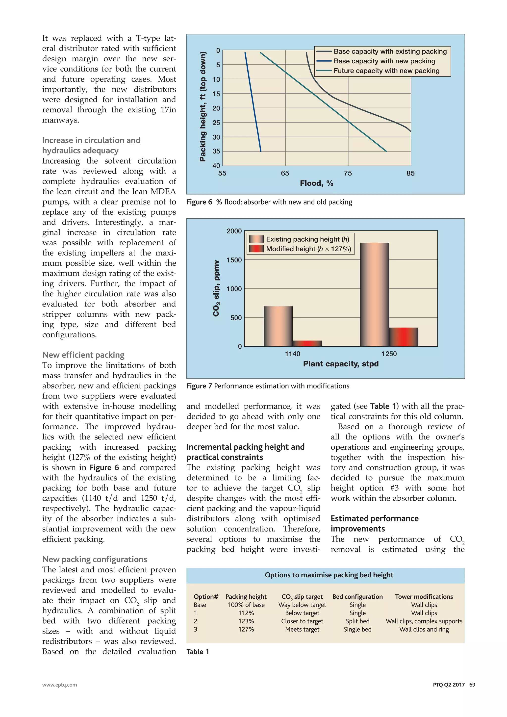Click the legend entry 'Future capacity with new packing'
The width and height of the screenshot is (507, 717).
point(386,71)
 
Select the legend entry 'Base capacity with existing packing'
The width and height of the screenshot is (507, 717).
point(390,51)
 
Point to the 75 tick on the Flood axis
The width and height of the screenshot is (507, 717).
point(348,173)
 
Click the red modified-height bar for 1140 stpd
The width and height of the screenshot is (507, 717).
point(307,343)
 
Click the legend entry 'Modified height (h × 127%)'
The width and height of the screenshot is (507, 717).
point(308,249)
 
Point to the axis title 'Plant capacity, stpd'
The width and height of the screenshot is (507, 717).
point(341,364)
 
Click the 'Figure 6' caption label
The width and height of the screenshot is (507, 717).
point(199,202)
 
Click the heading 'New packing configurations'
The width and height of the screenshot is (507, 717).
point(95,559)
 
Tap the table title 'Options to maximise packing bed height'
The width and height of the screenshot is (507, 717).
point(329,575)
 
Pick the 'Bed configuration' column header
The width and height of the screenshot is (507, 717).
point(357,596)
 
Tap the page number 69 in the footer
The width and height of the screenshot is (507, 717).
point(472,685)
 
